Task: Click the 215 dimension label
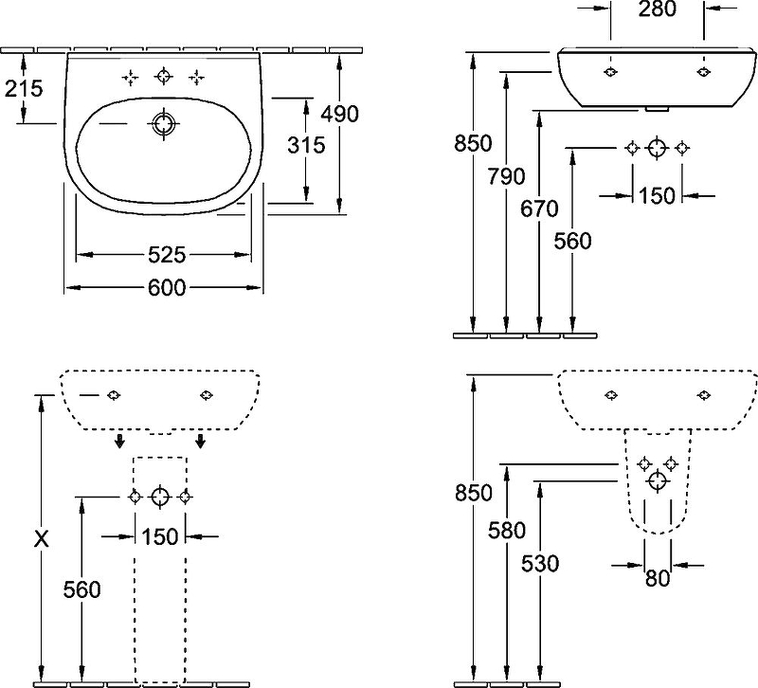click(x=24, y=89)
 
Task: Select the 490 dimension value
click(x=339, y=114)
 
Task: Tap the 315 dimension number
click(x=305, y=145)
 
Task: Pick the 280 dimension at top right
click(x=657, y=10)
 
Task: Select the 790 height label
click(x=507, y=177)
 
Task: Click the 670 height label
click(x=539, y=209)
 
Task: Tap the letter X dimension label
click(x=40, y=540)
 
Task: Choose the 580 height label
click(x=506, y=531)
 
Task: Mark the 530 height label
click(x=539, y=563)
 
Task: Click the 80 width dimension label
click(x=657, y=577)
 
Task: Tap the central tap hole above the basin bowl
click(x=165, y=77)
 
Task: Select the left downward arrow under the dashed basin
click(x=119, y=443)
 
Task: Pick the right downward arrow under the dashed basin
click(x=202, y=443)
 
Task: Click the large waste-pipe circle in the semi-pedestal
click(x=657, y=481)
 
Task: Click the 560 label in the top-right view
click(x=571, y=241)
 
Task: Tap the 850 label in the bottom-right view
click(x=474, y=494)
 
